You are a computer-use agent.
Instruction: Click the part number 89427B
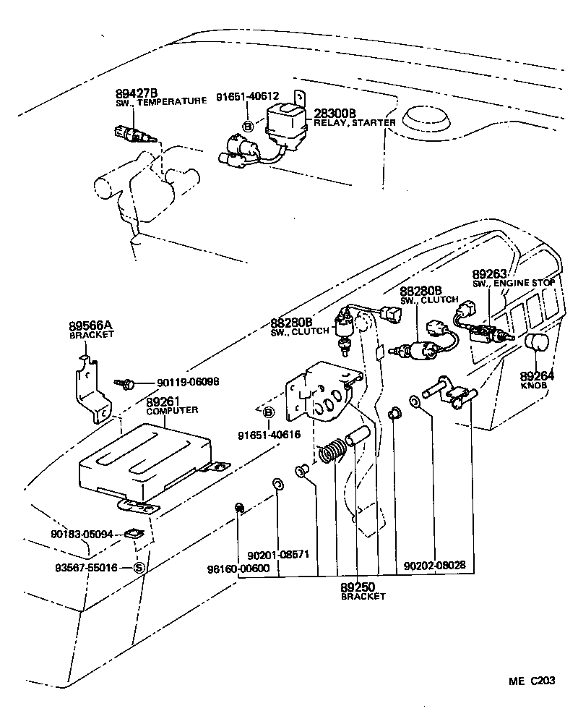(137, 93)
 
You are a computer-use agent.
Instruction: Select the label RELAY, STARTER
(355, 123)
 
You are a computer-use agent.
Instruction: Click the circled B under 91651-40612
(248, 126)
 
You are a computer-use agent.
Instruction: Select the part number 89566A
(92, 326)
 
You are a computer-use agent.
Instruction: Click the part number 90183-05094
(82, 535)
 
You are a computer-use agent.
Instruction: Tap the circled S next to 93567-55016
(139, 568)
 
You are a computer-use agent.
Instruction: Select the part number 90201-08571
(278, 555)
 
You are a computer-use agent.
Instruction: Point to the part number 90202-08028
(434, 565)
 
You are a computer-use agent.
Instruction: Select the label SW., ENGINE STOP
(514, 284)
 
